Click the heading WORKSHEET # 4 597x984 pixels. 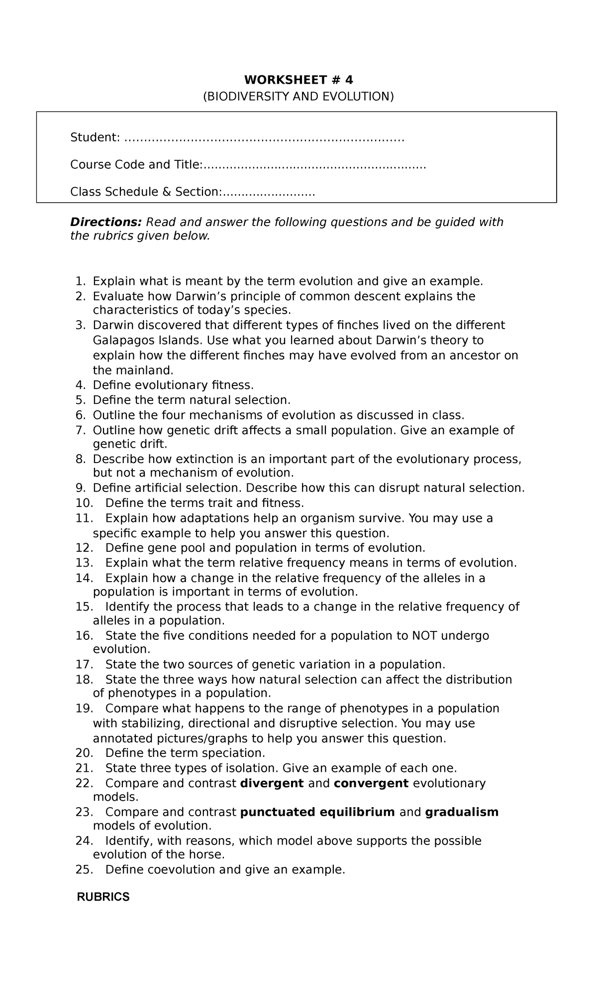[298, 80]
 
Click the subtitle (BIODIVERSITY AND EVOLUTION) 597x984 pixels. [298, 96]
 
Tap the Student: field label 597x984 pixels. [95, 137]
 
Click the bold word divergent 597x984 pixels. [272, 783]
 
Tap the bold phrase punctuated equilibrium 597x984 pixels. [317, 812]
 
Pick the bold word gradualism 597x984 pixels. [462, 812]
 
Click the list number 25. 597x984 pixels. [83, 870]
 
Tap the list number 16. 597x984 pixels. [83, 636]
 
